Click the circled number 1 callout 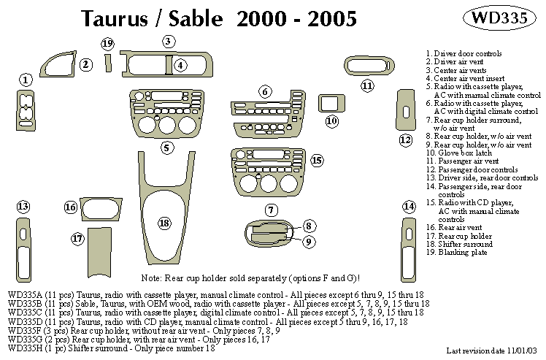point(26,80)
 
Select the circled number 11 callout point(368,86)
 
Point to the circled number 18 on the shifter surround point(164,222)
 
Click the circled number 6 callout point(265,91)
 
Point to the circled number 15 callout point(316,160)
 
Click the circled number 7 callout point(271,210)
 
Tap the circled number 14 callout point(409,207)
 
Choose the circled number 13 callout point(23,206)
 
